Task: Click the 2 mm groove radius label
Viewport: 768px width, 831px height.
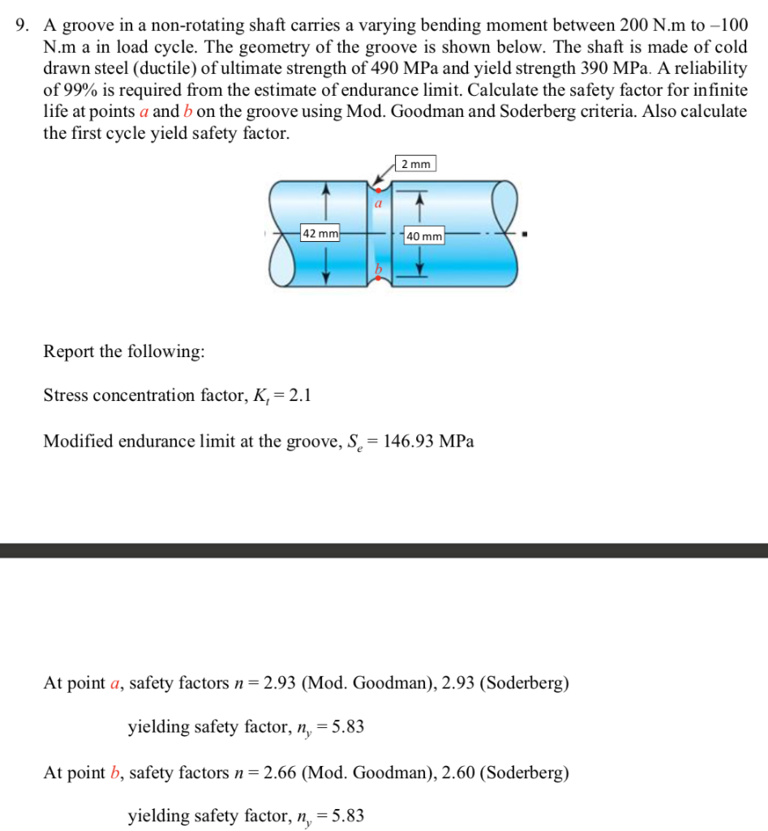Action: [416, 164]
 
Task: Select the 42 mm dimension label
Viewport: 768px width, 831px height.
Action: [320, 234]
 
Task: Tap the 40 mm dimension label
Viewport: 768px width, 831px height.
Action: [424, 236]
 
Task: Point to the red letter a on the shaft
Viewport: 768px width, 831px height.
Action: [377, 205]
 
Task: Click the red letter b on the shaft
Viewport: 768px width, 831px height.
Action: [377, 268]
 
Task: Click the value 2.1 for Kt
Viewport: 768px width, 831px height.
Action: [299, 396]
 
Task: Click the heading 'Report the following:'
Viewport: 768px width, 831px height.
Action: [124, 352]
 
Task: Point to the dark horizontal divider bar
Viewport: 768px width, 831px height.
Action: [384, 550]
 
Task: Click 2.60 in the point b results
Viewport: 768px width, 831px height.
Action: [458, 773]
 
